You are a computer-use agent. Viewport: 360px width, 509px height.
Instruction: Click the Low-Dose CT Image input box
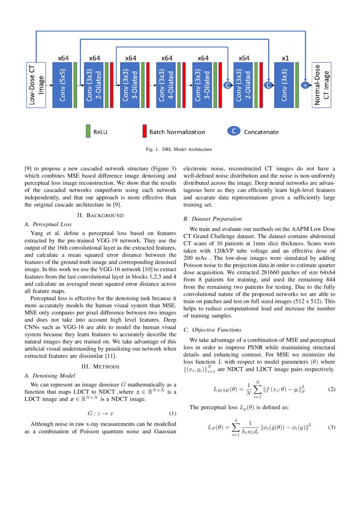click(x=36, y=84)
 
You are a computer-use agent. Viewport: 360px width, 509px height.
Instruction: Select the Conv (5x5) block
click(x=62, y=84)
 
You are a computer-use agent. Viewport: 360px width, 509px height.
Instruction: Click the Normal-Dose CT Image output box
click(x=321, y=84)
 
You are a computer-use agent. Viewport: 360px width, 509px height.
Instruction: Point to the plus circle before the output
click(x=305, y=85)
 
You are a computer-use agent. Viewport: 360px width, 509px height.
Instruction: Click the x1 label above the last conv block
click(x=285, y=58)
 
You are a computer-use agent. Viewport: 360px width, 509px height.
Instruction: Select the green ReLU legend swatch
click(x=88, y=131)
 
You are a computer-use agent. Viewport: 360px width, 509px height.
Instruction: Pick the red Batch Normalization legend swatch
click(x=144, y=131)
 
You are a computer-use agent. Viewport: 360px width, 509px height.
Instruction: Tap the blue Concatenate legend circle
click(x=234, y=131)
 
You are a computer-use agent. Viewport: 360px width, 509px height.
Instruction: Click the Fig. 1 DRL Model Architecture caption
click(x=179, y=149)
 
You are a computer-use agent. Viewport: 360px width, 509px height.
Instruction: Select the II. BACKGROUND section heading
click(x=101, y=215)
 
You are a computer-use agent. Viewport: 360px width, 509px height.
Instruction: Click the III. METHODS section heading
click(x=101, y=367)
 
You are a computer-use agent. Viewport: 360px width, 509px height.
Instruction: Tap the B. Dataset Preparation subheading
click(x=212, y=219)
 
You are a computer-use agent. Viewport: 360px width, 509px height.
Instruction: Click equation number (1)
click(x=172, y=413)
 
